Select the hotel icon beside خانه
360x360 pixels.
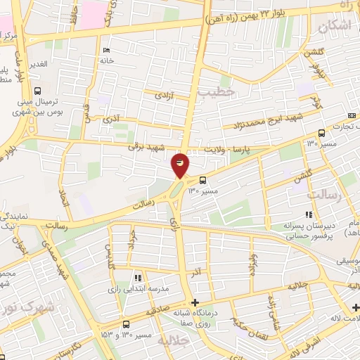click(106, 50)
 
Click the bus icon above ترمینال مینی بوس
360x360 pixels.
click(37, 91)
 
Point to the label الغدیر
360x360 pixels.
click(37, 64)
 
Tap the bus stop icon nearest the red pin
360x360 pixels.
click(202, 180)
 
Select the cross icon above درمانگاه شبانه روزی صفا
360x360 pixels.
click(195, 302)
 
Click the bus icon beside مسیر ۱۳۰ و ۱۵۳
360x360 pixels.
click(126, 323)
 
